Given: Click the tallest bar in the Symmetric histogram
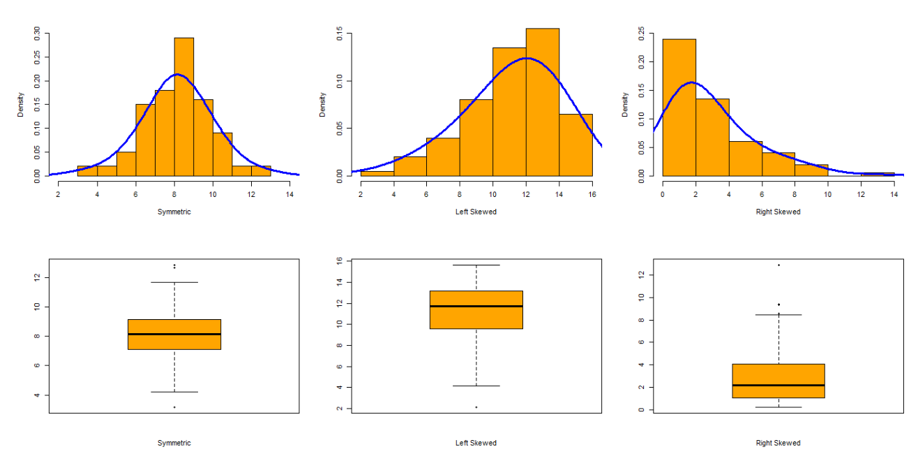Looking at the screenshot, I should [x=183, y=105].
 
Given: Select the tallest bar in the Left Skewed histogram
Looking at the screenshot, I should [x=542, y=101].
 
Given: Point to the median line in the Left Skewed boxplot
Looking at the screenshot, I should [x=476, y=306].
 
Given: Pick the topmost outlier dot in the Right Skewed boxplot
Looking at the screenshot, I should [x=778, y=265].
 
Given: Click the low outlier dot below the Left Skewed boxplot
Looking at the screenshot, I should [x=476, y=407].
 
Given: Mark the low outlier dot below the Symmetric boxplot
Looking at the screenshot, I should [x=174, y=407].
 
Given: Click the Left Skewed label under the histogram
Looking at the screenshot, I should [x=476, y=212].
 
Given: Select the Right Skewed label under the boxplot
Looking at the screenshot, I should [x=778, y=443].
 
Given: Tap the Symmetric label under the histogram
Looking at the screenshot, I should [x=174, y=212].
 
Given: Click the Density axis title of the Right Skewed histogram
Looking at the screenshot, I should [x=626, y=105].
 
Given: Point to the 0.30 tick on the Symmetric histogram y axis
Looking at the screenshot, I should [x=37, y=33].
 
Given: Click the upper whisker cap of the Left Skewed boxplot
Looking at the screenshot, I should [x=476, y=265].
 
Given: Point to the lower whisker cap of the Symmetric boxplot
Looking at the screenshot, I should [x=174, y=392].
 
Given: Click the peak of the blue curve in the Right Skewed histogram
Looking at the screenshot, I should [x=691, y=82].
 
